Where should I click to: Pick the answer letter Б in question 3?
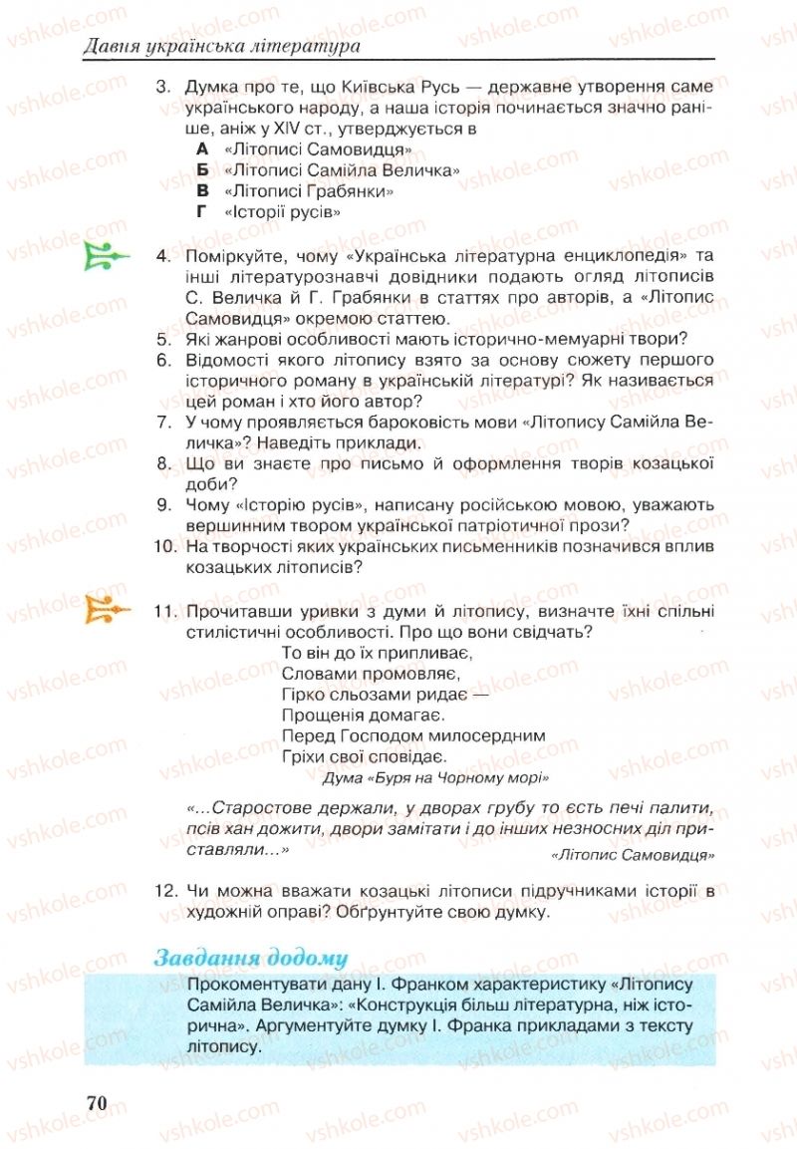click(x=203, y=170)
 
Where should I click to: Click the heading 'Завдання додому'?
click(x=250, y=959)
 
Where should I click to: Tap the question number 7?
click(x=166, y=422)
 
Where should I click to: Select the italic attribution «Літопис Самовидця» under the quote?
click(x=632, y=855)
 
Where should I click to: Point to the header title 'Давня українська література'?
click(x=221, y=46)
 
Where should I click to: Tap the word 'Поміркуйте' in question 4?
click(x=235, y=256)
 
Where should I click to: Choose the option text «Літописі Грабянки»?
click(x=309, y=191)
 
